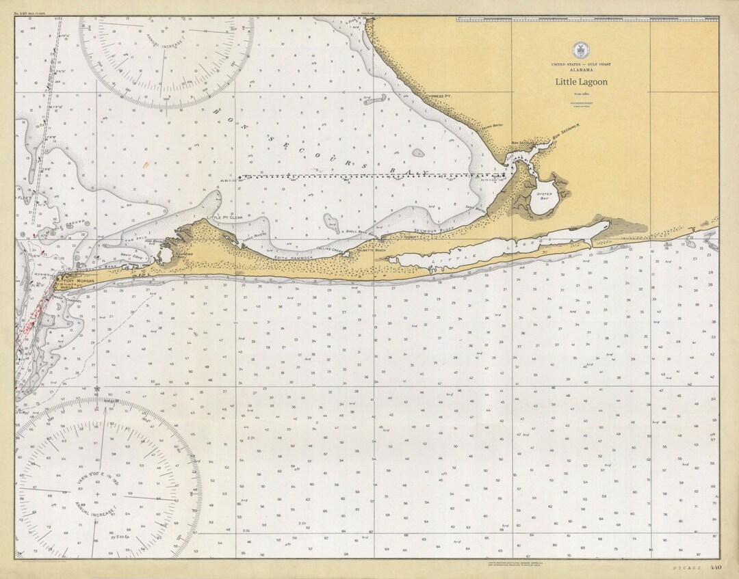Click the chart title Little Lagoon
coord(581,82)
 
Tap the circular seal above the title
coord(581,49)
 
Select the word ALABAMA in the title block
coord(581,70)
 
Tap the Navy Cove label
coord(130,256)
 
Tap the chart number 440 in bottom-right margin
coord(716,567)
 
